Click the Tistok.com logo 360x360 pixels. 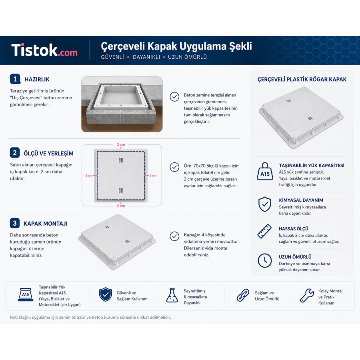pyautogui.click(x=44, y=50)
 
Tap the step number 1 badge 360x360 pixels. pyautogui.click(x=15, y=79)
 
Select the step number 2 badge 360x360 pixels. pyautogui.click(x=15, y=153)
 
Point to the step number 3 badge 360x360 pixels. pyautogui.click(x=15, y=223)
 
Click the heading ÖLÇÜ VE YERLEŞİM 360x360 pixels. pyautogui.click(x=48, y=153)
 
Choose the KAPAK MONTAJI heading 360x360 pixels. pyautogui.click(x=46, y=224)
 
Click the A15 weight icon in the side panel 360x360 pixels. pyautogui.click(x=265, y=171)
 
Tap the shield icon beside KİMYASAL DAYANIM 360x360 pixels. pyautogui.click(x=265, y=204)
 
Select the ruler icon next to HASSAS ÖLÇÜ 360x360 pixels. pyautogui.click(x=264, y=231)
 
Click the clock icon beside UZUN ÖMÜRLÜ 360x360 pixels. pyautogui.click(x=265, y=260)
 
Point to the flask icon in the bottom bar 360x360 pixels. pyautogui.click(x=172, y=295)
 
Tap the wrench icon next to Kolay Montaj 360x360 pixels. pyautogui.click(x=307, y=295)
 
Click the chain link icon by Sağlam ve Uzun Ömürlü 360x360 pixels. pyautogui.click(x=243, y=295)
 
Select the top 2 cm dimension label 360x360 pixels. pyautogui.click(x=121, y=144)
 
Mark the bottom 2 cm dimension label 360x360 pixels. pyautogui.click(x=121, y=206)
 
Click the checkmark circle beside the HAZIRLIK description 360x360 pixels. pyautogui.click(x=174, y=97)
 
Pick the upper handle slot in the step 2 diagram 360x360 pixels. pyautogui.click(x=121, y=160)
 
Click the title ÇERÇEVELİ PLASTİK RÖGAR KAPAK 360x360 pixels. pyautogui.click(x=302, y=80)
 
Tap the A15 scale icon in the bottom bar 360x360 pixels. pyautogui.click(x=26, y=294)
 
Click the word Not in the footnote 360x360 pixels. pyautogui.click(x=13, y=317)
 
